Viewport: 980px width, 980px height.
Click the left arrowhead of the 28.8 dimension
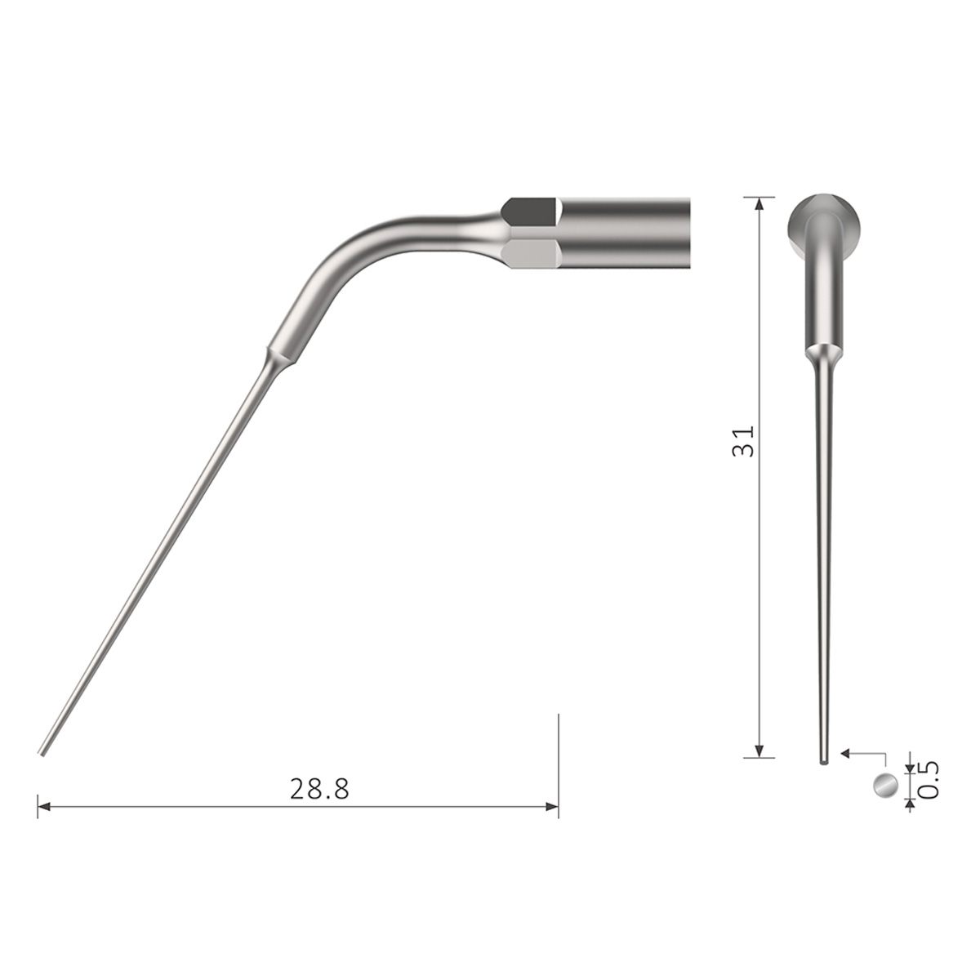(x=44, y=807)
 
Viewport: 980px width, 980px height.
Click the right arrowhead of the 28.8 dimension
(x=552, y=807)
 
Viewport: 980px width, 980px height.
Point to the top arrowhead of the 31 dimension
(x=759, y=203)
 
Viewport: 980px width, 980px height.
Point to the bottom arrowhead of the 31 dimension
(x=759, y=751)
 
